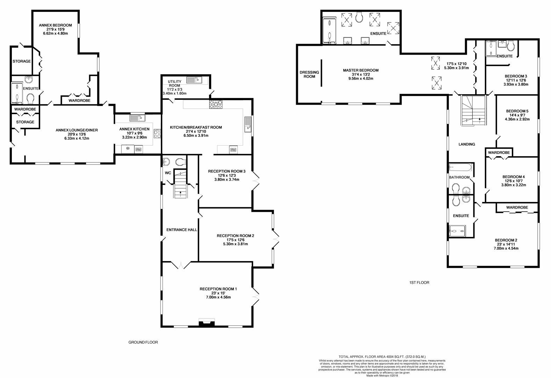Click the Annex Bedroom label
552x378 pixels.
pyautogui.click(x=55, y=25)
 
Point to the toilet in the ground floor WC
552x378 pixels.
pyautogui.click(x=180, y=162)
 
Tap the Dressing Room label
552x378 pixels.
pyautogui.click(x=309, y=75)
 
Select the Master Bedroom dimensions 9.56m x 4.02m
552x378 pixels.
pyautogui.click(x=360, y=79)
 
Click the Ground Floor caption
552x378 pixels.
pyautogui.click(x=143, y=342)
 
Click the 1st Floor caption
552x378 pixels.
pyautogui.click(x=419, y=282)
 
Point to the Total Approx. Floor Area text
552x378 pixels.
pyautogui.click(x=382, y=356)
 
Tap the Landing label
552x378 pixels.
pyautogui.click(x=467, y=144)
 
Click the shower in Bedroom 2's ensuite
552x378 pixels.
pyautogui.click(x=458, y=230)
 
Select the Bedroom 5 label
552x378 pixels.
pyautogui.click(x=517, y=111)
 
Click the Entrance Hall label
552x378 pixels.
pyautogui.click(x=181, y=230)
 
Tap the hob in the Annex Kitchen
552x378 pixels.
pyautogui.click(x=157, y=134)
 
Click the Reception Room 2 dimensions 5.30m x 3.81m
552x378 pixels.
pyautogui.click(x=235, y=244)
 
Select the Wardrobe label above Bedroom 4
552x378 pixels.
pyautogui.click(x=499, y=153)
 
